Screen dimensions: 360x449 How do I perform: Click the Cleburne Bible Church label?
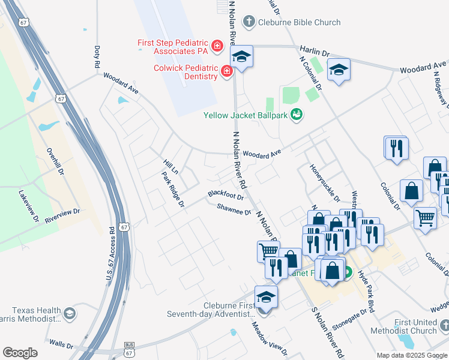pos(299,23)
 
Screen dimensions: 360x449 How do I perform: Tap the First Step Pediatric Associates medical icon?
pos(217,45)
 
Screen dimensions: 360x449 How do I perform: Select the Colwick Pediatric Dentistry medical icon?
pos(227,72)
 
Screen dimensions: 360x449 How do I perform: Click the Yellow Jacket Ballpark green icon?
pos(296,115)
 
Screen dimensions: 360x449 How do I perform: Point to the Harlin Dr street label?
pos(318,53)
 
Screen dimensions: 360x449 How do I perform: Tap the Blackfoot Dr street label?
pos(226,196)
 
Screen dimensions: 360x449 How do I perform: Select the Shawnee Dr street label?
pos(234,209)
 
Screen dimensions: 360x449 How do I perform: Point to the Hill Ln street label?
pos(171,166)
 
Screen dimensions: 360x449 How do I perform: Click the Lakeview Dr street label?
pos(28,206)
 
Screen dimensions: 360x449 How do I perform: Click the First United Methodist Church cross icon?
pos(444,326)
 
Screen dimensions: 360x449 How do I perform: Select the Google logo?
pos(20,353)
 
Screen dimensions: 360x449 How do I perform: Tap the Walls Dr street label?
pos(61,346)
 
